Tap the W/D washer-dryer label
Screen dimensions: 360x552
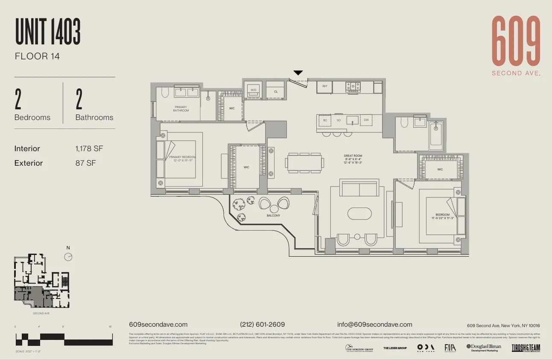coord(254,90)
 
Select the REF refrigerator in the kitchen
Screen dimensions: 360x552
coord(325,86)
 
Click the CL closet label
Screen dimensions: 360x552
coord(276,91)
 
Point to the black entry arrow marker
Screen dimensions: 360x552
coord(298,73)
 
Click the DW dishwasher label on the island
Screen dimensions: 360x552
coord(366,120)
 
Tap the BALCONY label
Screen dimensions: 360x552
coord(274,216)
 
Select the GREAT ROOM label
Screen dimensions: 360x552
coord(353,156)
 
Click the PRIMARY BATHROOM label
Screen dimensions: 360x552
coord(181,109)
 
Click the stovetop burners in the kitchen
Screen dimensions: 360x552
coord(353,87)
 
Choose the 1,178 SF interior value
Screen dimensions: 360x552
coord(89,149)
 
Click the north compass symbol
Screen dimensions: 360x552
coord(68,256)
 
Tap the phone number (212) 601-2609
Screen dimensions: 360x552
coord(263,325)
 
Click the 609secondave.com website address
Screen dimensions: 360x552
coord(158,325)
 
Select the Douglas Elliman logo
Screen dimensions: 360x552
coord(484,348)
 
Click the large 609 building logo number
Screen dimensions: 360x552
coord(516,41)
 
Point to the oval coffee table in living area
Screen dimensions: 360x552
coord(360,214)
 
